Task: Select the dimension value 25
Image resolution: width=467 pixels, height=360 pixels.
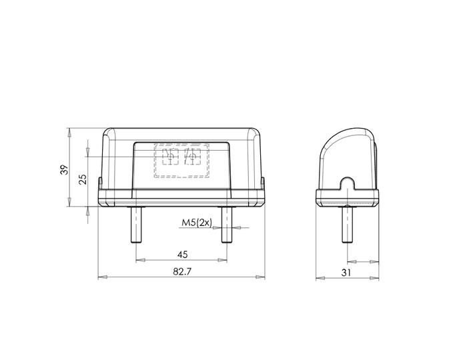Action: click(82, 179)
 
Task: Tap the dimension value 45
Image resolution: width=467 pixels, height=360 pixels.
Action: click(182, 254)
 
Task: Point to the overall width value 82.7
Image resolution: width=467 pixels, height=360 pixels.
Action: click(182, 271)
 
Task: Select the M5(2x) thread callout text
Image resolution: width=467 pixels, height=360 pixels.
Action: click(195, 222)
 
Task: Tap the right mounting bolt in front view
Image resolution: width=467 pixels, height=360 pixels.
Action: click(227, 225)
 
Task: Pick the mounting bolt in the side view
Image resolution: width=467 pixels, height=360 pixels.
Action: click(346, 225)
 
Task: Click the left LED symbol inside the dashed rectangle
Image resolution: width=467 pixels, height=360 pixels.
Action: click(169, 157)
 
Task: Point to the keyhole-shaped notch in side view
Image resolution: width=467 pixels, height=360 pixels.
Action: click(346, 185)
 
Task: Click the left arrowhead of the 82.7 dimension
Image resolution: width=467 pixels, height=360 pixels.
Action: click(102, 277)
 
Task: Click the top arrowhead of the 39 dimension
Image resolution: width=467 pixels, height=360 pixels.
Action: click(70, 132)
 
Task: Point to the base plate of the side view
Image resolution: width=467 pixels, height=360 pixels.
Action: click(346, 198)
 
